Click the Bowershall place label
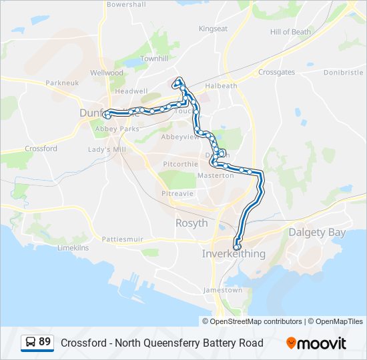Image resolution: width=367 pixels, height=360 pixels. [126, 4]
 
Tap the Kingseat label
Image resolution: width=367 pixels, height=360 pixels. [213, 29]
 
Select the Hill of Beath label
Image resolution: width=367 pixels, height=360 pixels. [290, 32]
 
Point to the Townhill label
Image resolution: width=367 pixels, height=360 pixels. [154, 59]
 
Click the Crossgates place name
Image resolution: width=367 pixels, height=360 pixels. [276, 72]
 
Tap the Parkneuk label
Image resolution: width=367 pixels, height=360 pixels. [62, 83]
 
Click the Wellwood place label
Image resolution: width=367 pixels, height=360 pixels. [107, 73]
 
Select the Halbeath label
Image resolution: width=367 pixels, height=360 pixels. [221, 86]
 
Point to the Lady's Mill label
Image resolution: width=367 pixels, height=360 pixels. [107, 150]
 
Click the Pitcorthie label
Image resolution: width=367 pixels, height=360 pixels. [181, 163]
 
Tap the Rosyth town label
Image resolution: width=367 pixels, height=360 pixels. [192, 223]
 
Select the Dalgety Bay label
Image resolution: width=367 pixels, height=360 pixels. [317, 232]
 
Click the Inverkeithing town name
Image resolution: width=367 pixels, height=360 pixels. [234, 254]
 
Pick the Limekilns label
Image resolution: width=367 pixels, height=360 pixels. [73, 247]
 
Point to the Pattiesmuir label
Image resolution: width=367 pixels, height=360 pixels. [123, 239]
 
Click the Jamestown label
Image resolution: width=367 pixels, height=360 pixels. [223, 290]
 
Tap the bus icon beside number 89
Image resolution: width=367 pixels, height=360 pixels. [31, 342]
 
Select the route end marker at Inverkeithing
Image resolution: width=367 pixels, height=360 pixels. [237, 247]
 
